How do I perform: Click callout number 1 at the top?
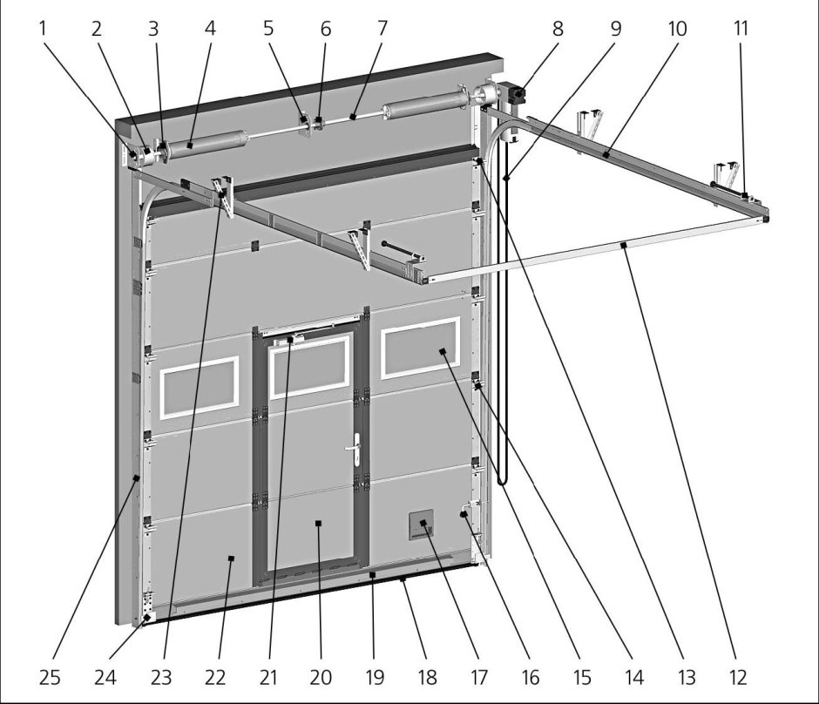pyautogui.click(x=41, y=28)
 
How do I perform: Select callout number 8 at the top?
pyautogui.click(x=558, y=28)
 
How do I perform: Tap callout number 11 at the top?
pyautogui.click(x=741, y=28)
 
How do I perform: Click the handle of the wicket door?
pyautogui.click(x=356, y=450)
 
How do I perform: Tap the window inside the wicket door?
pyautogui.click(x=309, y=366)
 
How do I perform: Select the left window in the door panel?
pyautogui.click(x=199, y=384)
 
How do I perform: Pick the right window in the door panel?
pyautogui.click(x=420, y=348)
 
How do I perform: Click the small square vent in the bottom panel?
pyautogui.click(x=423, y=525)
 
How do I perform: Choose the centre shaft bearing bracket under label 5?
pyautogui.click(x=304, y=120)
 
